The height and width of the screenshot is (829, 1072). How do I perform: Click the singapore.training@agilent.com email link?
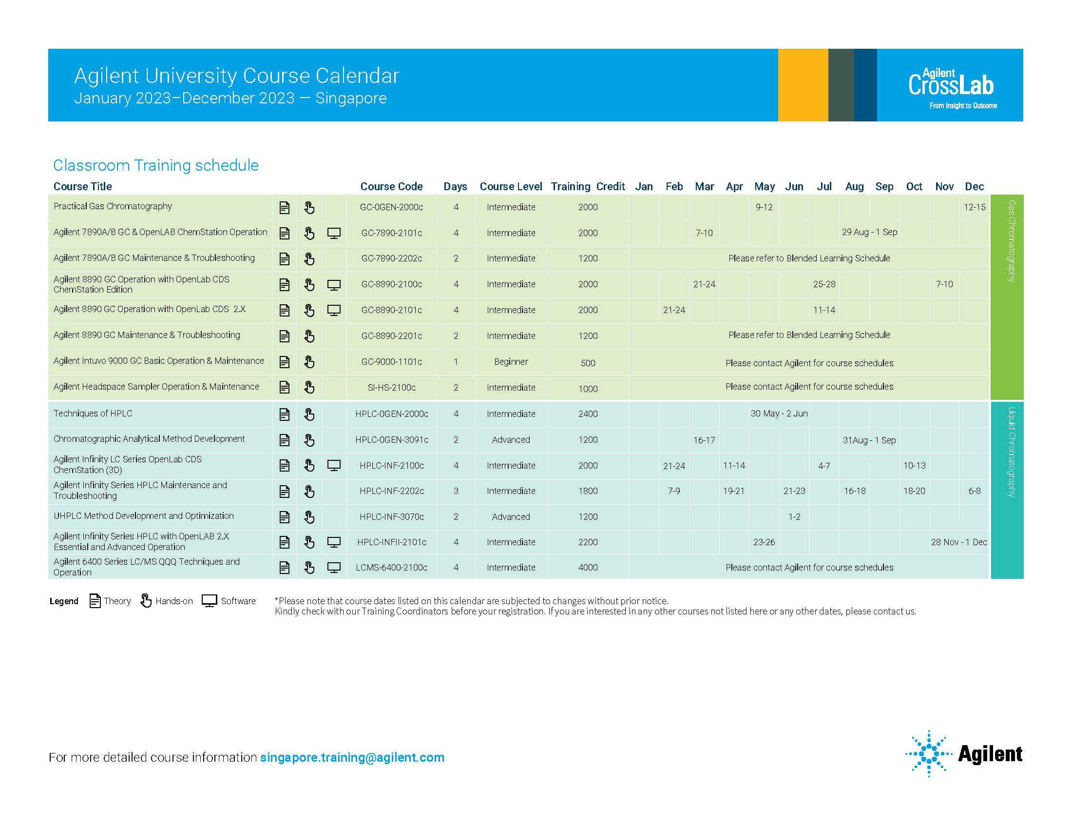tap(352, 757)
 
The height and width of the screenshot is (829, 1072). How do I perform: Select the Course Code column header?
tap(391, 187)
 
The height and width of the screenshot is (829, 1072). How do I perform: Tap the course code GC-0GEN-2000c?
tap(391, 207)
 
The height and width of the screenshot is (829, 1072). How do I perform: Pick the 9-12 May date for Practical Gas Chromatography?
tap(764, 207)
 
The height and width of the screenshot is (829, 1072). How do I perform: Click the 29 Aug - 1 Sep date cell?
tap(869, 232)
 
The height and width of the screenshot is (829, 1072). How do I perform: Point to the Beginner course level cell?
tap(511, 362)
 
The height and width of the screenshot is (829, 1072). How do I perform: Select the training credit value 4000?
tap(588, 568)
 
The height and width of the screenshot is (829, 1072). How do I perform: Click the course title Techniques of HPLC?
tap(93, 414)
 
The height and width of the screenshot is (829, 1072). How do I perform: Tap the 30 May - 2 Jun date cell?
tap(779, 414)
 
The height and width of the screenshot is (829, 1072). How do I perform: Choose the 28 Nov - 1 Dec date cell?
tap(958, 542)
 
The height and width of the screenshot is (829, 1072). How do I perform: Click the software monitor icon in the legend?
tap(210, 601)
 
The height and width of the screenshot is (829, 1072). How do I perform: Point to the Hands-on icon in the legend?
tap(146, 601)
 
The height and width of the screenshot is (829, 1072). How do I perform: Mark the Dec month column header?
tap(974, 187)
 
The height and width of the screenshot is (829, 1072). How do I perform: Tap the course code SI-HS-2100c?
tap(391, 388)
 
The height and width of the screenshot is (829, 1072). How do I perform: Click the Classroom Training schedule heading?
tap(155, 165)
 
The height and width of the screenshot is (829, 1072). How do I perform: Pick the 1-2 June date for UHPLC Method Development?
tap(794, 517)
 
